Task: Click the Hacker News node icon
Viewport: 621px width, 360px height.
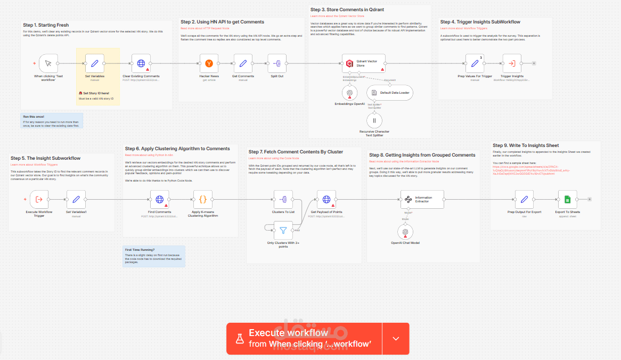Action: [209, 64]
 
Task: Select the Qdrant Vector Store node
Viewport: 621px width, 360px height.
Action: [364, 64]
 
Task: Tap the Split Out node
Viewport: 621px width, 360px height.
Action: [277, 64]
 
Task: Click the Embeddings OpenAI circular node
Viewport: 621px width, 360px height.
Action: [350, 93]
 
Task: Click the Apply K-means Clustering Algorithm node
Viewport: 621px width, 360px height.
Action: [202, 200]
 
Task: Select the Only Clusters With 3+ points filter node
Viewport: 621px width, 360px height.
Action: [283, 231]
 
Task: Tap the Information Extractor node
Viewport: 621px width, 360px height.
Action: [422, 200]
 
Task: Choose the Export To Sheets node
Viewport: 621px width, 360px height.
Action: [567, 200]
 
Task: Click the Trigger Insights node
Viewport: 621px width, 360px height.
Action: [512, 64]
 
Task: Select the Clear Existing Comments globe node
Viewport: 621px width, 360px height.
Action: [141, 64]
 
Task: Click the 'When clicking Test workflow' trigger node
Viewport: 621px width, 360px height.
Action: [48, 64]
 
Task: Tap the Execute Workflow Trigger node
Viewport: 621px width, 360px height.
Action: [39, 200]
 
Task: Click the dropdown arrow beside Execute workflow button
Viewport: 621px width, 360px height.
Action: [395, 339]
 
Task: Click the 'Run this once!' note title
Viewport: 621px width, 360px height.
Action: [33, 117]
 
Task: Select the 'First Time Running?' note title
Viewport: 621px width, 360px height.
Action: [140, 250]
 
